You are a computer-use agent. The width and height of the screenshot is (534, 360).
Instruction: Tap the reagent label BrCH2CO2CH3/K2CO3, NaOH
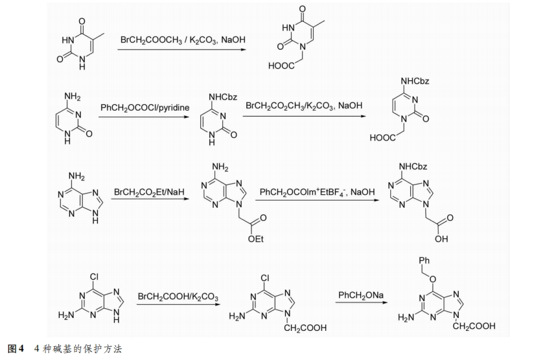pyautogui.click(x=303, y=105)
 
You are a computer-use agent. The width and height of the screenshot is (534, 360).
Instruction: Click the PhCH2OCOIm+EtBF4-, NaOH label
pyautogui.click(x=317, y=192)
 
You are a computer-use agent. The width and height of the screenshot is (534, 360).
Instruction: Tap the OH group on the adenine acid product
pyautogui.click(x=441, y=238)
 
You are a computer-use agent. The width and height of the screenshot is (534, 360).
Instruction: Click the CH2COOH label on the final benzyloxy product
pyautogui.click(x=474, y=326)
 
